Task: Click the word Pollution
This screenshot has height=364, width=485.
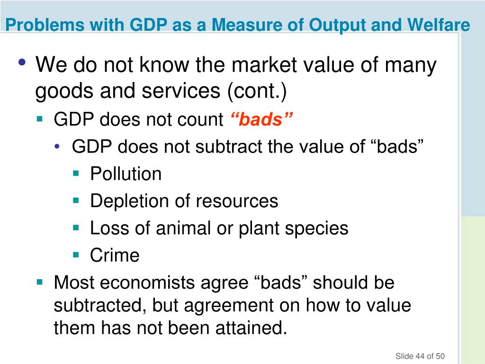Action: click(x=126, y=174)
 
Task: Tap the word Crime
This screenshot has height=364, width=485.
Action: click(x=115, y=255)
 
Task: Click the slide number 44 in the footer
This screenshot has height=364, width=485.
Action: click(x=420, y=356)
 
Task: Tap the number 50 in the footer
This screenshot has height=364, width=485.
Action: click(x=440, y=356)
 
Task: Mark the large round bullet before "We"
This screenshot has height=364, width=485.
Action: click(x=23, y=63)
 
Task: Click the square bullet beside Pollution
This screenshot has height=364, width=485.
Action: click(x=76, y=173)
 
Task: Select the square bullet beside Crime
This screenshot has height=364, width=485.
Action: click(x=76, y=255)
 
